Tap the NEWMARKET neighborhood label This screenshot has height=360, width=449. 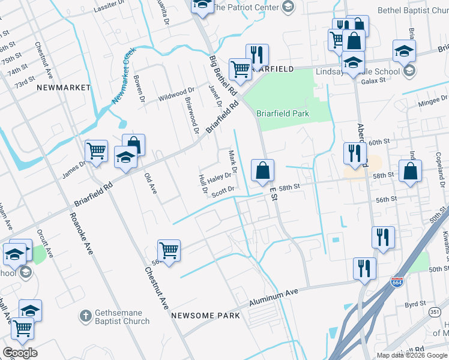[63, 88]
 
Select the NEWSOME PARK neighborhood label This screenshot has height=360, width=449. [205, 316]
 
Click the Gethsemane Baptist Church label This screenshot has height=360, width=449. [122, 317]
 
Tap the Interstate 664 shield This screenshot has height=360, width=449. [397, 281]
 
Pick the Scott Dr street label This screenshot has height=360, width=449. [222, 190]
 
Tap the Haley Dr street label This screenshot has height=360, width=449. [220, 176]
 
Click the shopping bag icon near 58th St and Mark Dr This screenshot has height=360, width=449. [262, 170]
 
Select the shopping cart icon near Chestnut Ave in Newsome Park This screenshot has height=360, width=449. [169, 250]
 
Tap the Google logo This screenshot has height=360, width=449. [20, 353]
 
